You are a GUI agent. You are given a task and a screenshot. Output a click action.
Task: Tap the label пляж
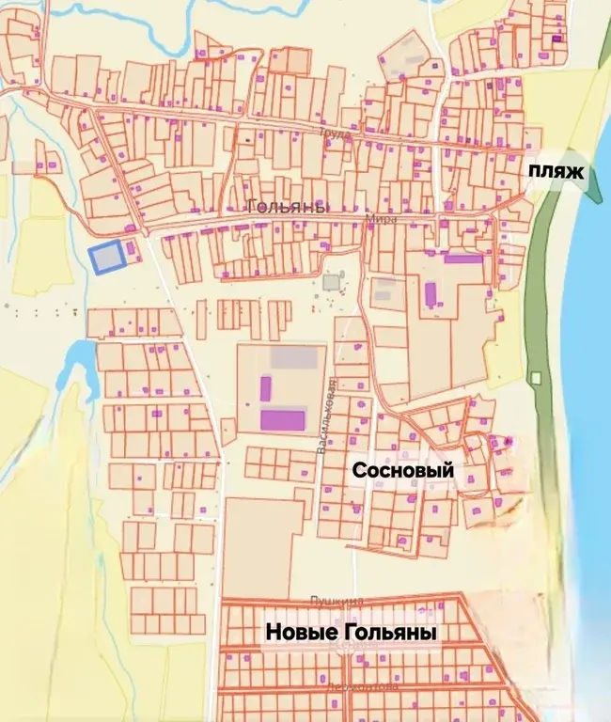coord(555,172)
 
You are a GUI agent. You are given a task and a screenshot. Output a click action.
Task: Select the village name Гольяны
coord(286,207)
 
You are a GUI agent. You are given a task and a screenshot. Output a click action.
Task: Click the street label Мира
coord(382,219)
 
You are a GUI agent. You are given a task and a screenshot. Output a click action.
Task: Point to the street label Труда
coord(335,134)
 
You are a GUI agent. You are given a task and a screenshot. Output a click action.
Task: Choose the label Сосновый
coord(402,470)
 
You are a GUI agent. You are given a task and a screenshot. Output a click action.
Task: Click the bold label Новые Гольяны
coord(351,634)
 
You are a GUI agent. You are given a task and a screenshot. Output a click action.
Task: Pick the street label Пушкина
coord(335,601)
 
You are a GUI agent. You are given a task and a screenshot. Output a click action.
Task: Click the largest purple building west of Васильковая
coord(283,419)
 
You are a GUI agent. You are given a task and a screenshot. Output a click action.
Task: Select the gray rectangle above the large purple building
coord(293,357)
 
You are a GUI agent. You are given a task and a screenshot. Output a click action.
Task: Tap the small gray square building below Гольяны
coord(331,281)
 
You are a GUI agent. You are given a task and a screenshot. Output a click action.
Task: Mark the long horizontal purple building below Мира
coord(462,258)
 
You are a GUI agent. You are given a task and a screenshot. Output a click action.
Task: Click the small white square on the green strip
coord(535,378)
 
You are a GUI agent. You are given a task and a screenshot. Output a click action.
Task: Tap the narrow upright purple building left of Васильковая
coord(266,387)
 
